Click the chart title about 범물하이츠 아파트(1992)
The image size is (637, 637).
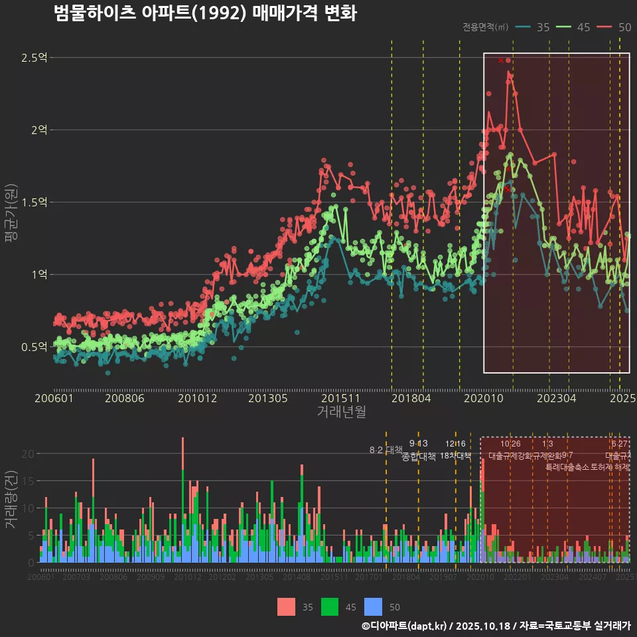pos(205,13)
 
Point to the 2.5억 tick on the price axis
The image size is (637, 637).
pos(33,58)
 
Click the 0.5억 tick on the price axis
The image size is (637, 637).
pos(33,346)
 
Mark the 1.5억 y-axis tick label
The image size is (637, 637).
pos(33,202)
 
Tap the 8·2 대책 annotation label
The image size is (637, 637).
pos(386,450)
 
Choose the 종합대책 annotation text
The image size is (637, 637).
pos(419,457)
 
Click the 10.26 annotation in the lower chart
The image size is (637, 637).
pos(510,444)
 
